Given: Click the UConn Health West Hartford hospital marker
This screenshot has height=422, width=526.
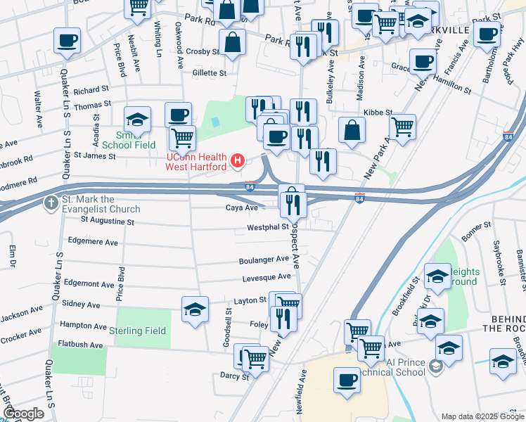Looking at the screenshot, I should pyautogui.click(x=238, y=161).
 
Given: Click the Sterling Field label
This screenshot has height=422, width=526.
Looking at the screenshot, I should pyautogui.click(x=137, y=331).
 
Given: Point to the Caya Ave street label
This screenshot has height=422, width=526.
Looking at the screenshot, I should pyautogui.click(x=242, y=207).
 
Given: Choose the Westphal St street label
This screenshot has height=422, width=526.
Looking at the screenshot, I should pyautogui.click(x=267, y=227).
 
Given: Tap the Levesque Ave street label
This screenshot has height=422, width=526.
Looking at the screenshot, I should pyautogui.click(x=267, y=278).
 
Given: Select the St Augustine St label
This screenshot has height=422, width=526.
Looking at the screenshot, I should pyautogui.click(x=107, y=221).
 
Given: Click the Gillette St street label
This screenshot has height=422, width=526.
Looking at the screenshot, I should pyautogui.click(x=209, y=72).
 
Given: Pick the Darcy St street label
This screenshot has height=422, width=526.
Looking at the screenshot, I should pyautogui.click(x=235, y=376).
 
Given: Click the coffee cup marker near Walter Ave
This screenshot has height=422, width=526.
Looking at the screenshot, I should pyautogui.click(x=67, y=40).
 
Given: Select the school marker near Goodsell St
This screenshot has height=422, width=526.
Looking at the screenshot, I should pyautogui.click(x=195, y=309).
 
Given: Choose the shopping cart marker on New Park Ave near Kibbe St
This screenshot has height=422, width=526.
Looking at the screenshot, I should pyautogui.click(x=402, y=127).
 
